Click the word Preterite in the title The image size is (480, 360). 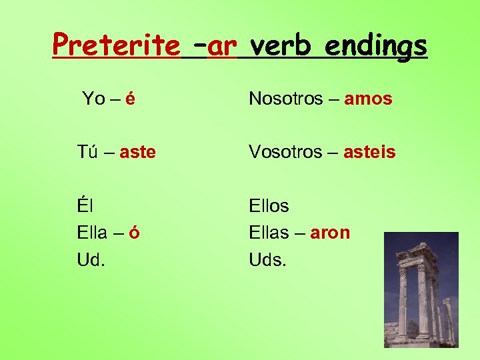(x=116, y=45)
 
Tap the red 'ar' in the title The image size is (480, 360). (x=223, y=45)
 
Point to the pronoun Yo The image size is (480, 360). (x=93, y=99)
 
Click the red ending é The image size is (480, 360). (x=131, y=99)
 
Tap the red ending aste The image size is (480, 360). (x=139, y=153)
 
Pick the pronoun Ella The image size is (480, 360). (x=92, y=233)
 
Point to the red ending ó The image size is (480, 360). (x=135, y=233)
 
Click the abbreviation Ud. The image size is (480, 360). (x=91, y=259)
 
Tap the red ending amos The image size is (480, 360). (x=368, y=99)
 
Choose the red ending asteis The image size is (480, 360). (x=369, y=153)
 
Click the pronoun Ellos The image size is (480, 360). (x=269, y=206)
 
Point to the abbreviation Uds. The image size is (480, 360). (x=267, y=259)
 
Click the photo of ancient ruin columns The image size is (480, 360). (x=421, y=289)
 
